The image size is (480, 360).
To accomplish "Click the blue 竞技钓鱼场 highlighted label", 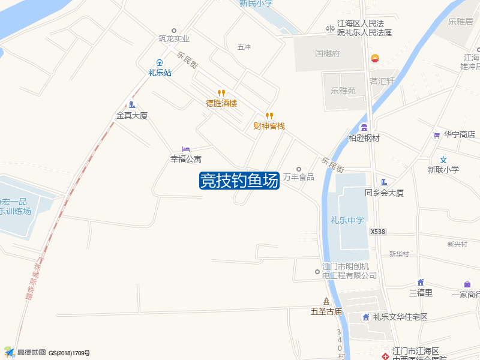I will pyautogui.click(x=239, y=180).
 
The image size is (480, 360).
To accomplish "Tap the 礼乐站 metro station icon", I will pyautogui.click(x=160, y=62).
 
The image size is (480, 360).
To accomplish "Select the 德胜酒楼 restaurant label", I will pyautogui.click(x=221, y=103).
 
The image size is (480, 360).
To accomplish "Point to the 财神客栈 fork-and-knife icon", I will pyautogui.click(x=269, y=115).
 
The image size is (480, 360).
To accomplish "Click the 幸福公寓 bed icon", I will pyautogui.click(x=185, y=149).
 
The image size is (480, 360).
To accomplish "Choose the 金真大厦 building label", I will pyautogui.click(x=132, y=115).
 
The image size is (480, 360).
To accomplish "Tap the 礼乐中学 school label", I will pyautogui.click(x=347, y=220).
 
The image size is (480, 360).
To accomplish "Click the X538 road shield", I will pyautogui.click(x=377, y=231).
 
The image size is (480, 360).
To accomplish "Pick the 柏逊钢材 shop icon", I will pyautogui.click(x=364, y=127).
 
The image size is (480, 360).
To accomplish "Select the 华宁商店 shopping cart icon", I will pyautogui.click(x=436, y=135).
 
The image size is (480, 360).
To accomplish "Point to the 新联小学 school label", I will pyautogui.click(x=443, y=170).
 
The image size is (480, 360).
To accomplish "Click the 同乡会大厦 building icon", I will pyautogui.click(x=384, y=182).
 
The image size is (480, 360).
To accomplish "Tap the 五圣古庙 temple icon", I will pyautogui.click(x=326, y=301).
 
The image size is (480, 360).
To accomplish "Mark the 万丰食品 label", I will pyautogui.click(x=299, y=177).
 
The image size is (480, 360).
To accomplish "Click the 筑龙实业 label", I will pyautogui.click(x=174, y=38).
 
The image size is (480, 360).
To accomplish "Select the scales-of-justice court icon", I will pyautogui.click(x=329, y=28).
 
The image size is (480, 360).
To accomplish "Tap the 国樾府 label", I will pyautogui.click(x=328, y=53).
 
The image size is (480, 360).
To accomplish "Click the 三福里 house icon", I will pyautogui.click(x=421, y=283).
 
